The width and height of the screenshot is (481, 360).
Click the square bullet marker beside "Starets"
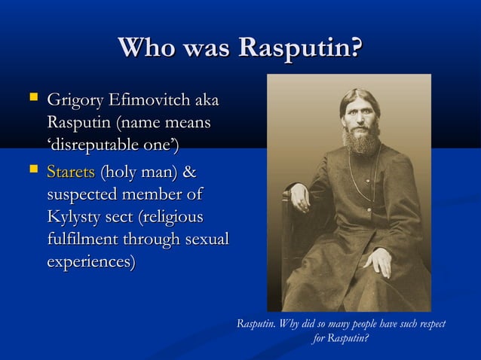[31, 170]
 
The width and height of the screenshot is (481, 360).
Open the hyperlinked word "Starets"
[70, 172]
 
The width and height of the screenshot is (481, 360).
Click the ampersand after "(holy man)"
[190, 172]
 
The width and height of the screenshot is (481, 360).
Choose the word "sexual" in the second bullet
[205, 240]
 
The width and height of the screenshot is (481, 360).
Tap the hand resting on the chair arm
[301, 200]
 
